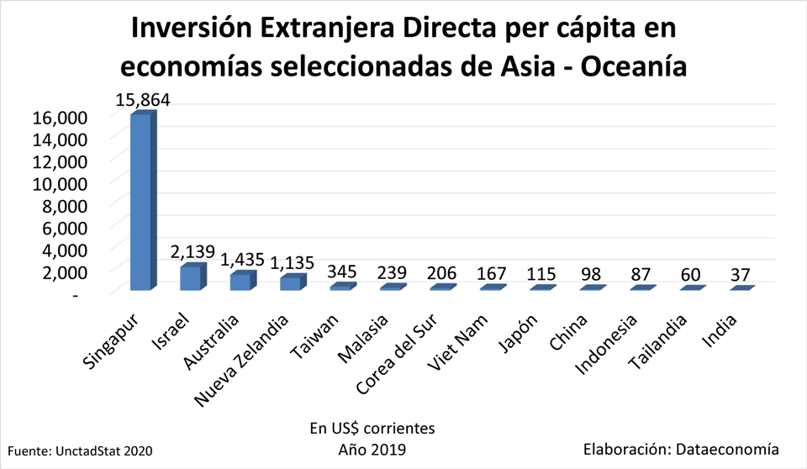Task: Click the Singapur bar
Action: (140, 202)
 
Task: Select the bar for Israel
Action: (190, 278)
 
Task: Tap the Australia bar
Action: (240, 282)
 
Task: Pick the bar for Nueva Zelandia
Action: (290, 283)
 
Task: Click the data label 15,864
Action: (142, 100)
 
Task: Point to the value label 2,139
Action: (192, 251)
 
